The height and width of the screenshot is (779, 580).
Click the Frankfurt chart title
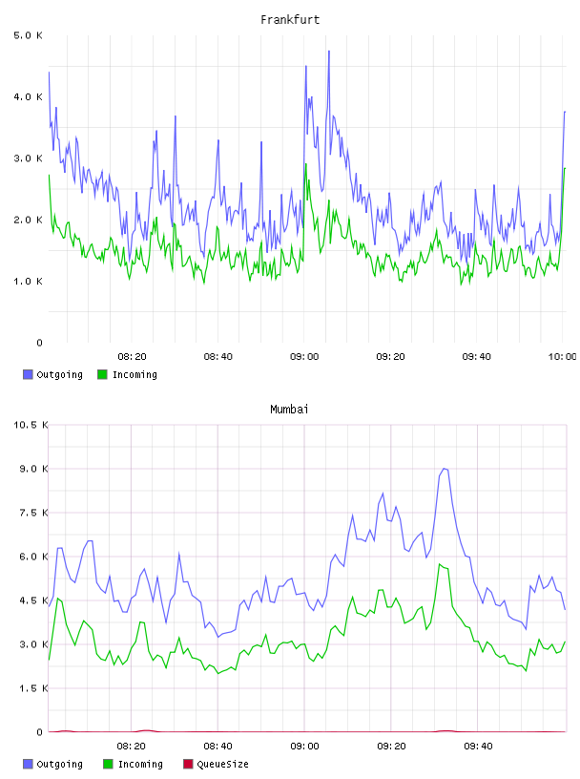pyautogui.click(x=290, y=20)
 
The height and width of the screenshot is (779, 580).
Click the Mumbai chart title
pyautogui.click(x=289, y=410)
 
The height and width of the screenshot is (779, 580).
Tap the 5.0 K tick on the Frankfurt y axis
pyautogui.click(x=28, y=35)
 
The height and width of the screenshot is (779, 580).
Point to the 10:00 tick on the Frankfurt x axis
pyautogui.click(x=562, y=357)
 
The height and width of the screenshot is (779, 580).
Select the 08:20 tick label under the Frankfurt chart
pyautogui.click(x=132, y=357)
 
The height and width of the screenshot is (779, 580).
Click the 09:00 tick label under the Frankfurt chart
pyautogui.click(x=304, y=357)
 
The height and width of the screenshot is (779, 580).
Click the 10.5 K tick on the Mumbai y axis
pyautogui.click(x=31, y=425)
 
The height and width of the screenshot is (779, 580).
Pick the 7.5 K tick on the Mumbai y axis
pyautogui.click(x=33, y=513)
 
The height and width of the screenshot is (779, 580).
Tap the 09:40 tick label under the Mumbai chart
pyautogui.click(x=478, y=747)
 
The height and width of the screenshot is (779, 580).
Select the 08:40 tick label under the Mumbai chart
pyautogui.click(x=218, y=747)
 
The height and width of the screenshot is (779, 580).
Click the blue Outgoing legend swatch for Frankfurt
pyautogui.click(x=28, y=374)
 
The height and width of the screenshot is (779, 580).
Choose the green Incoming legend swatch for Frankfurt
pyautogui.click(x=102, y=374)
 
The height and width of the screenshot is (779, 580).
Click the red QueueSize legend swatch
pyautogui.click(x=188, y=764)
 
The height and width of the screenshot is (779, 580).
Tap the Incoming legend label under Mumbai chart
pyautogui.click(x=140, y=765)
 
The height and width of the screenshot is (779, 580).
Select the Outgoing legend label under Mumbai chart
pyautogui.click(x=59, y=765)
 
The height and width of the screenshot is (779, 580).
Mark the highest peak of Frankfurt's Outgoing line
pyautogui.click(x=329, y=51)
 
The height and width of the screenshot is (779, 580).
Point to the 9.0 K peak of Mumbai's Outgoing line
pyautogui.click(x=445, y=469)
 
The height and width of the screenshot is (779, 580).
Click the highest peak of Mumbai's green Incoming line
pyautogui.click(x=440, y=564)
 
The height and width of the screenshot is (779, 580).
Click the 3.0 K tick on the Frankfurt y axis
pyautogui.click(x=28, y=158)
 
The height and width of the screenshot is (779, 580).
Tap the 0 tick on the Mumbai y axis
pyautogui.click(x=40, y=732)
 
